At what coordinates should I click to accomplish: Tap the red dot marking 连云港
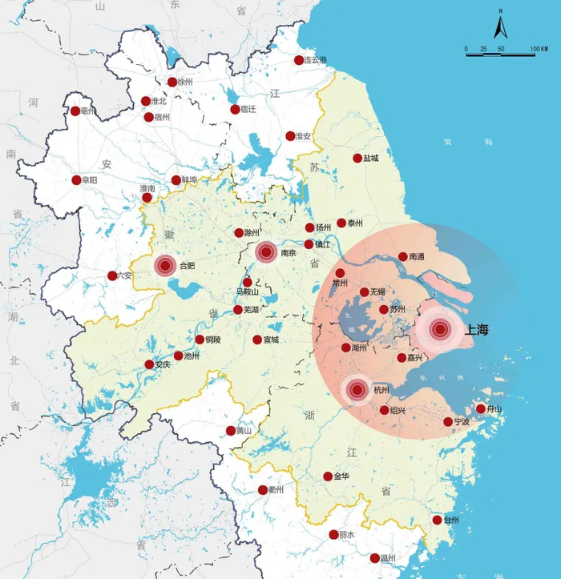[x=299, y=60]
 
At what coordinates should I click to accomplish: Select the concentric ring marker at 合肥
[x=166, y=265]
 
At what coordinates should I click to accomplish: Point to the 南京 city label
[x=289, y=253]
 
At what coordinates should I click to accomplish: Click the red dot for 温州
[x=375, y=558]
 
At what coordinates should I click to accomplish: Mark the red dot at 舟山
[x=481, y=408]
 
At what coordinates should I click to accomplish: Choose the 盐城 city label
[x=370, y=159]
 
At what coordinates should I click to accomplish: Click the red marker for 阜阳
[x=77, y=180]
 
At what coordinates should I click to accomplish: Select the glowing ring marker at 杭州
[x=357, y=391]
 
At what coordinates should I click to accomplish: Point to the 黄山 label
[x=243, y=431]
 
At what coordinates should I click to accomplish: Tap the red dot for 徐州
[x=172, y=82]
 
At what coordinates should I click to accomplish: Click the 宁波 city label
[x=462, y=422]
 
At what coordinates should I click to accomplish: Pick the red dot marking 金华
[x=328, y=476]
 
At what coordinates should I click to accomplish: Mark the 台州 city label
[x=450, y=520]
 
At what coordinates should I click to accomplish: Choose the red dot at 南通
[x=403, y=257]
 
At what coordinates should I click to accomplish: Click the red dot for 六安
[x=112, y=275]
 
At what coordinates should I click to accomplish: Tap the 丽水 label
[x=346, y=535]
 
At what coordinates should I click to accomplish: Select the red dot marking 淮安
[x=290, y=136]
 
